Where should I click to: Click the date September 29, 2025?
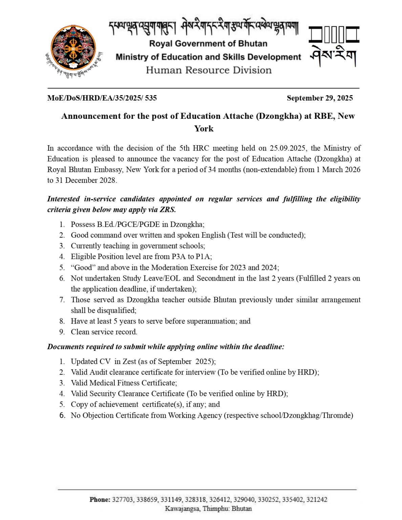[319, 98]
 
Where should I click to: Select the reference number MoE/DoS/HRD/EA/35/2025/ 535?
[102, 98]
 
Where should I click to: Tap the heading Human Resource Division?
[209, 70]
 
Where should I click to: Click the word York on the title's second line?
[204, 129]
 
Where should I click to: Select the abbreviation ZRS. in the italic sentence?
[168, 210]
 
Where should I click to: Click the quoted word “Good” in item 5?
[83, 267]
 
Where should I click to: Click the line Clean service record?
[104, 332]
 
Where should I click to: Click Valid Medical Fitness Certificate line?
[124, 383]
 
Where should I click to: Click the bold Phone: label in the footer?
[100, 499]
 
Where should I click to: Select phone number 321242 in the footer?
[317, 499]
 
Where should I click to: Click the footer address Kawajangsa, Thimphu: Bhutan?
[208, 508]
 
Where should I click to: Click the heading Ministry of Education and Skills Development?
[208, 57]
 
